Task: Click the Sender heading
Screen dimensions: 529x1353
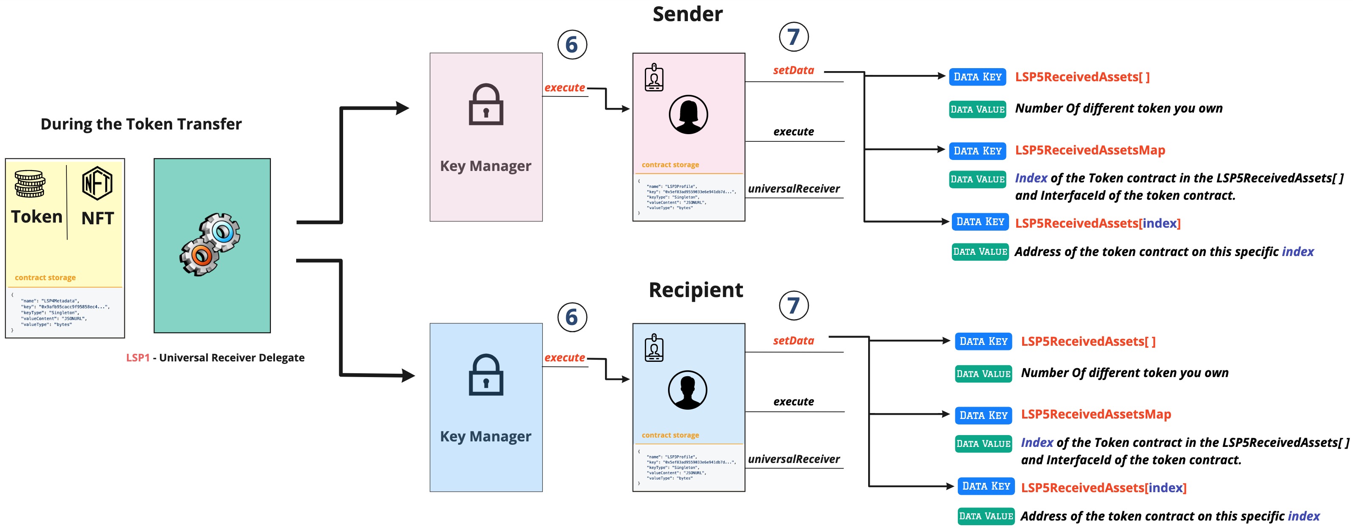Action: point(687,14)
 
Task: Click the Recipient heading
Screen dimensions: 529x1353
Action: point(696,290)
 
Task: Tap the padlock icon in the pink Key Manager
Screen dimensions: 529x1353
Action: point(486,105)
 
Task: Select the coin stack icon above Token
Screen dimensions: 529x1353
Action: point(30,184)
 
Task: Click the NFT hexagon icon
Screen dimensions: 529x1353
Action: point(97,183)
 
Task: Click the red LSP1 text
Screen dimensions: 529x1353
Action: point(137,358)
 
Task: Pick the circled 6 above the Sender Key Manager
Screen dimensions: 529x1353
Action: point(572,45)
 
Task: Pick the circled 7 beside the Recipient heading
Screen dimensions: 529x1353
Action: point(793,305)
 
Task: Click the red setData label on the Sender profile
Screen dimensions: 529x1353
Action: point(793,70)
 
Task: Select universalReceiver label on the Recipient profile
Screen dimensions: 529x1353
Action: point(793,459)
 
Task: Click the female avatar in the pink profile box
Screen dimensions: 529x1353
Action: point(688,115)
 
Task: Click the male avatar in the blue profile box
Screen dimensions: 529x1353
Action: point(687,390)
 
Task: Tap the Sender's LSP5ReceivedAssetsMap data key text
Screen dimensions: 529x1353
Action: point(1090,150)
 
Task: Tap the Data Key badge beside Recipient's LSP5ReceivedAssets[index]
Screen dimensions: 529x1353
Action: point(986,486)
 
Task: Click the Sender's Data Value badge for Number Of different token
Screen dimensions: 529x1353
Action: point(977,109)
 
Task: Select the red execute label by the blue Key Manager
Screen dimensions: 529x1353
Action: point(565,358)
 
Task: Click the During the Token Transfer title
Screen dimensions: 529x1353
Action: point(141,124)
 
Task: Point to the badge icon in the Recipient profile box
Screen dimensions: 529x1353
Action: point(654,348)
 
